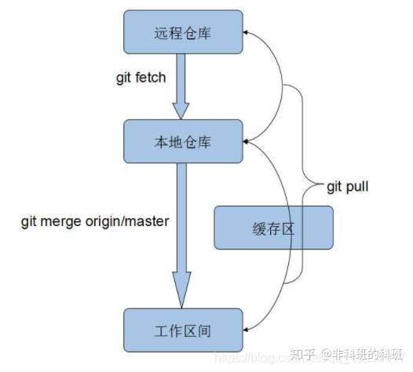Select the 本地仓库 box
click(182, 140)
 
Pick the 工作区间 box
click(182, 330)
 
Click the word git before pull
click(336, 187)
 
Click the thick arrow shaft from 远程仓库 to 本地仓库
click(182, 78)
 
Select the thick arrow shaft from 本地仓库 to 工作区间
click(182, 220)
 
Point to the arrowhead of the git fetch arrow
click(182, 110)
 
